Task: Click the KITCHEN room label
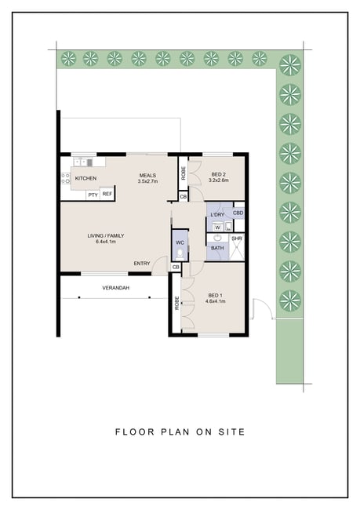pos(85,178)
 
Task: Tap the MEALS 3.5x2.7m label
pos(147,178)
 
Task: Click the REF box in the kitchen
pos(107,194)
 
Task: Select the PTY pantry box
pos(93,195)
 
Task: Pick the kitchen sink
pos(83,162)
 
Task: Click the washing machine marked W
pos(217,227)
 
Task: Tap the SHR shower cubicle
pos(237,247)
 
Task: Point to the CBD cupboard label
pos(238,213)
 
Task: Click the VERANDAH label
pos(116,288)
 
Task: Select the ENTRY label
pos(142,264)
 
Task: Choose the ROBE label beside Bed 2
pos(184,173)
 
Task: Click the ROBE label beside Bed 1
pos(177,303)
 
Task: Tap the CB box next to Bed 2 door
pos(183,197)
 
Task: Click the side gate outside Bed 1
pos(262,308)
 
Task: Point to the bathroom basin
pos(217,238)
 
